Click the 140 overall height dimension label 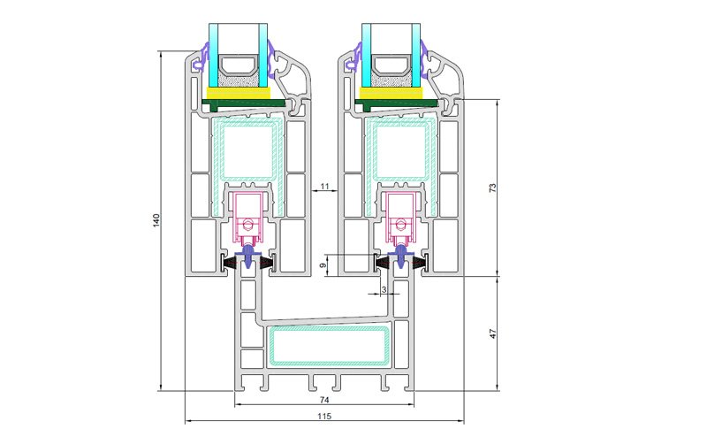[x=156, y=220]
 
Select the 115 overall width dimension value [x=324, y=417]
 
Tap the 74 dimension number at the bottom [x=324, y=400]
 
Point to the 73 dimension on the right [x=493, y=188]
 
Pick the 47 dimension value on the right [x=493, y=333]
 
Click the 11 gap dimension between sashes [x=324, y=186]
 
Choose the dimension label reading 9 [x=323, y=265]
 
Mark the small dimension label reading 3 [x=384, y=289]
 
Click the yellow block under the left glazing [x=238, y=93]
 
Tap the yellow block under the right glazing [x=391, y=93]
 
